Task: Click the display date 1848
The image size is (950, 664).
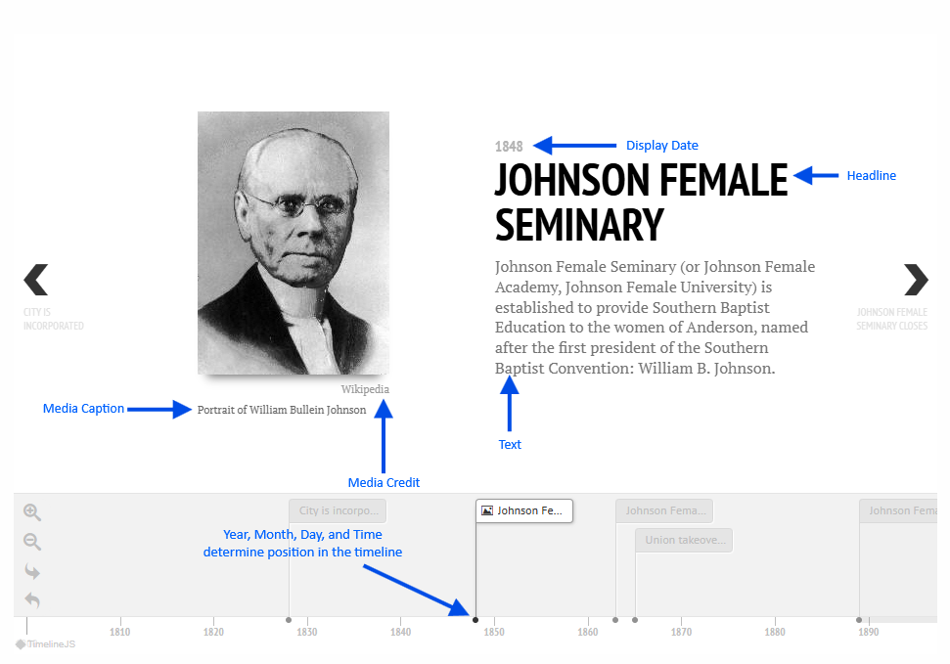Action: [x=509, y=146]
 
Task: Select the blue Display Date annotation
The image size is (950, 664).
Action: [x=661, y=146]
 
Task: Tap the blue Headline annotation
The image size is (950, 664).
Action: [x=871, y=176]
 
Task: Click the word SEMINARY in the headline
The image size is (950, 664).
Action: [x=579, y=225]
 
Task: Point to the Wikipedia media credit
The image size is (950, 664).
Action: [x=365, y=389]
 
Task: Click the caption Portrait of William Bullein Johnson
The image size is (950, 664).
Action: [x=282, y=410]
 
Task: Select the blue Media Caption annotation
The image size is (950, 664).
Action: [x=83, y=409]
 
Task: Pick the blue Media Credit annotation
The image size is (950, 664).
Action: [x=384, y=482]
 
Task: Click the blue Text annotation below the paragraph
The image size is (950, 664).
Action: [x=510, y=444]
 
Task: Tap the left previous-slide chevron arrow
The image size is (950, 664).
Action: [x=36, y=280]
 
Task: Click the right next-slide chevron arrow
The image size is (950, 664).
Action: [x=916, y=280]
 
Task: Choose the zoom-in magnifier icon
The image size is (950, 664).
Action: [x=32, y=512]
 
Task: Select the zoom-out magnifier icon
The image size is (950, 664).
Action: [x=32, y=542]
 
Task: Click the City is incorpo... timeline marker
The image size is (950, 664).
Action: [x=338, y=510]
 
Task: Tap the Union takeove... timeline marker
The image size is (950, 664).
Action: [x=684, y=540]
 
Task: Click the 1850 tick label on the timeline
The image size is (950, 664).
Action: [x=494, y=632]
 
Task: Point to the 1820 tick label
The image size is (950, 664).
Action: [x=213, y=632]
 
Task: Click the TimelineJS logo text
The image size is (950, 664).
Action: [x=51, y=644]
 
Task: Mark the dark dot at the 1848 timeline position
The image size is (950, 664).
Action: [x=475, y=620]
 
